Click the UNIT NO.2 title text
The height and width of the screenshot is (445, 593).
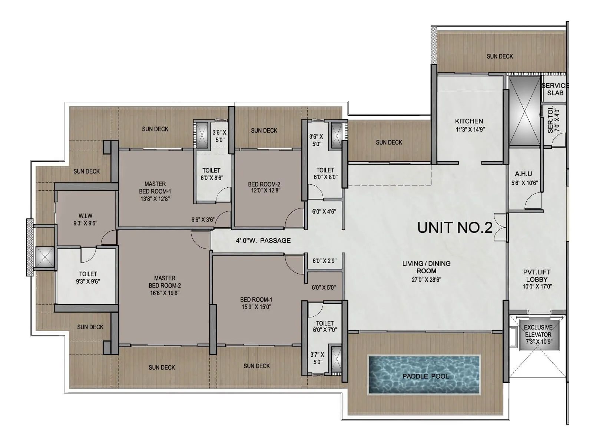point(455,227)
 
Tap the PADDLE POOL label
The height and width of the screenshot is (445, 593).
point(425,376)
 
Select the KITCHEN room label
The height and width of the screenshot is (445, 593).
point(469,121)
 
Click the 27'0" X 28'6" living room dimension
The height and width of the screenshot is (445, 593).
point(426,280)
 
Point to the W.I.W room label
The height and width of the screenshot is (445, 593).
point(85,216)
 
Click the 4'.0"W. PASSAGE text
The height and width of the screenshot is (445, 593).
point(263,240)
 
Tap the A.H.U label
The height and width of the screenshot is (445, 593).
point(523,174)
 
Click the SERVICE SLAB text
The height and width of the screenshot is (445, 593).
point(555,89)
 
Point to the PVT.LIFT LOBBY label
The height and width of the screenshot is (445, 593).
point(537,276)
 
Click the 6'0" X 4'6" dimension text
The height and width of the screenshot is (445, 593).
point(324,211)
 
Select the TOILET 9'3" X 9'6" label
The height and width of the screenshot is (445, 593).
point(88,277)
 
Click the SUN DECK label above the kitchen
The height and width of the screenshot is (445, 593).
point(500,56)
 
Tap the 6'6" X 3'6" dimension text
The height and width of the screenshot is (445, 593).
point(203,220)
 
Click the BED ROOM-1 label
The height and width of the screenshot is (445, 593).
point(256,299)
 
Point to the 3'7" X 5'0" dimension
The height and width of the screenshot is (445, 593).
point(317,358)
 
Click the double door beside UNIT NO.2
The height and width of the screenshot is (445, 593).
point(500,227)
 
